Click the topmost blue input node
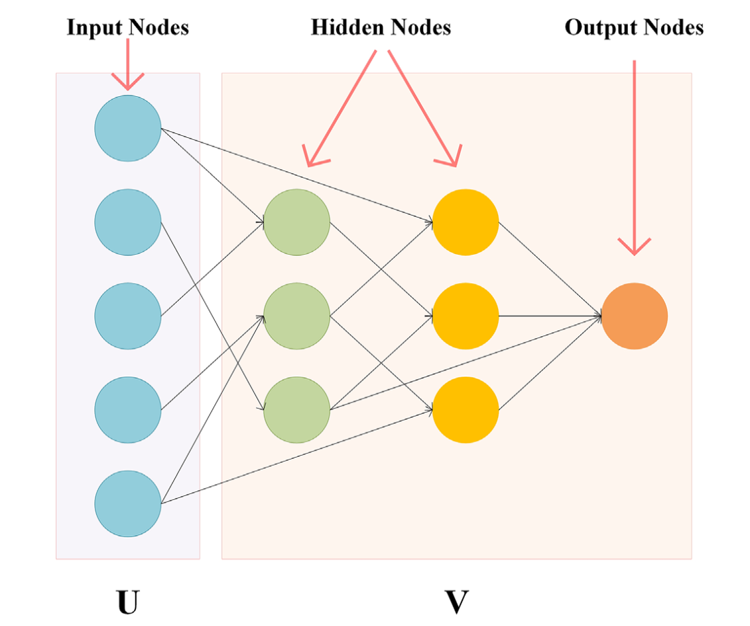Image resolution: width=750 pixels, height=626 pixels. coord(128,128)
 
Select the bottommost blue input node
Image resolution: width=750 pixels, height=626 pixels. coord(128,503)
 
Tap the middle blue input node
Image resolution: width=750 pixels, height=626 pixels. coord(128,316)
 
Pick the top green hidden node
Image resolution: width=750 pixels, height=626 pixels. coord(296,222)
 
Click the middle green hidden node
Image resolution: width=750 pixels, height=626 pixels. coord(296,316)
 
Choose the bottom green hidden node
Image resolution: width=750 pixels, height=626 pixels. coord(296,410)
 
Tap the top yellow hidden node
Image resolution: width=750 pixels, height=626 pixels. coord(466,222)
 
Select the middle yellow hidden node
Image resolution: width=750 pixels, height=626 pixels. coord(466,316)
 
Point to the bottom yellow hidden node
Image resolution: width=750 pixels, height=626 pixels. coord(466,410)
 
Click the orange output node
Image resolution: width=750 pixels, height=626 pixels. coord(634,316)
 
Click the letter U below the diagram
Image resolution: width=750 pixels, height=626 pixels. coord(128,602)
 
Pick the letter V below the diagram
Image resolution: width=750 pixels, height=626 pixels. coord(457,602)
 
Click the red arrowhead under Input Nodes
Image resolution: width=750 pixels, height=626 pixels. coord(128,82)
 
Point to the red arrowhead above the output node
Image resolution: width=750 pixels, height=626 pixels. coord(634,246)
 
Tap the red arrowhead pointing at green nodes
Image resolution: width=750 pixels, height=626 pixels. coord(313,157)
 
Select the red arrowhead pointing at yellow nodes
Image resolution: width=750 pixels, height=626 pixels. coord(450,157)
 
